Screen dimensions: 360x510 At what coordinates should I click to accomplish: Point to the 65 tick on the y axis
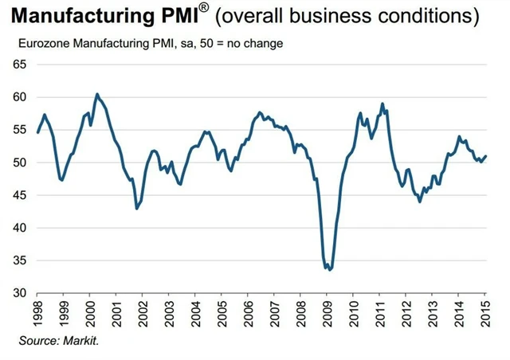(x=20, y=65)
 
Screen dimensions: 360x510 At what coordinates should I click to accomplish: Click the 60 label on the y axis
(x=20, y=97)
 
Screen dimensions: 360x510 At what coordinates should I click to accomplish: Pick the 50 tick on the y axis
(x=20, y=162)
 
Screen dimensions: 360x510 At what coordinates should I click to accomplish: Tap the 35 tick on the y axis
(x=20, y=260)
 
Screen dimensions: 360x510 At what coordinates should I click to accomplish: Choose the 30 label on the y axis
(x=20, y=293)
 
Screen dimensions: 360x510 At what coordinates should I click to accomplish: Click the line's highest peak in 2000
(x=96, y=94)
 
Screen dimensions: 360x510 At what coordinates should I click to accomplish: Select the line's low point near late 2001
(x=137, y=209)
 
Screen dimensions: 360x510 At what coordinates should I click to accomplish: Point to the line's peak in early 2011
(x=382, y=104)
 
